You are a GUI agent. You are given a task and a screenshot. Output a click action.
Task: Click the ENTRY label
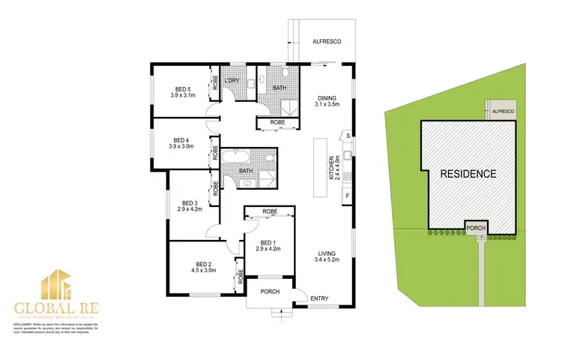[319, 300]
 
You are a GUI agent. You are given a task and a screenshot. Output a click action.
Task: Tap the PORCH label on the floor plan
[270, 291]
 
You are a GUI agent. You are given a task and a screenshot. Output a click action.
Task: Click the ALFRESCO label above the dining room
[327, 42]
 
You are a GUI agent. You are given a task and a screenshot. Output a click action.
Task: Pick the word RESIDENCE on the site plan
[468, 173]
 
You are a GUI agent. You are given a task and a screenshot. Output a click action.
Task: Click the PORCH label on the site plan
[476, 227]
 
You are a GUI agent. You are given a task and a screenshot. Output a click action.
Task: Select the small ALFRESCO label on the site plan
[502, 111]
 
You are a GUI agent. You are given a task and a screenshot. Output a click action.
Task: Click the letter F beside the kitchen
[348, 197]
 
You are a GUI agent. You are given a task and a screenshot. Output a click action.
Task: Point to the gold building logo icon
[55, 288]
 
